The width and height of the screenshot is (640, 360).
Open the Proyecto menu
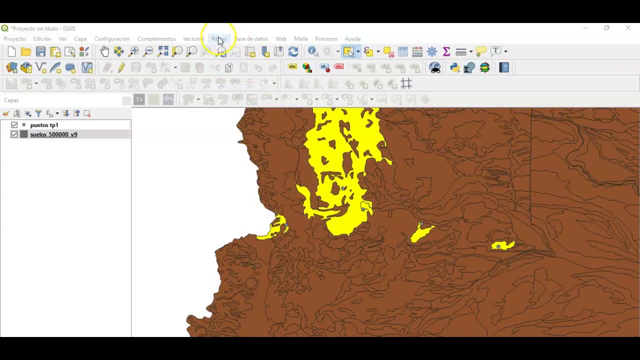(14, 39)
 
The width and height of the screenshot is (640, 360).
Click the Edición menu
(42, 39)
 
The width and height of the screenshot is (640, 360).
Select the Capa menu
(80, 39)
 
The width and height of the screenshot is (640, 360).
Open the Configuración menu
(112, 39)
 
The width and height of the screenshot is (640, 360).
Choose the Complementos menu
(156, 39)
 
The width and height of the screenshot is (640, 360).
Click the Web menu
(281, 39)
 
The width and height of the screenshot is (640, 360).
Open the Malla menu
(301, 39)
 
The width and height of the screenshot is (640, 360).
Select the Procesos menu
(326, 39)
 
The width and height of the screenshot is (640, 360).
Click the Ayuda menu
(352, 39)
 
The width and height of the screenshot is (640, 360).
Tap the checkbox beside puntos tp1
(14, 125)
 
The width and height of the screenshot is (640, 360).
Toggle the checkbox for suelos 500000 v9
(14, 134)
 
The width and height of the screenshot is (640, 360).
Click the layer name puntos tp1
(44, 125)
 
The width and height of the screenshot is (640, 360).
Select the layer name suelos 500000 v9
(53, 134)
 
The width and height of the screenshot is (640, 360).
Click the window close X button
(628, 28)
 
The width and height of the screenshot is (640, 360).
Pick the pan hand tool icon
(104, 51)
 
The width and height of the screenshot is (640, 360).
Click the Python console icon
(454, 68)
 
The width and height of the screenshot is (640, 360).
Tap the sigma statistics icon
(446, 51)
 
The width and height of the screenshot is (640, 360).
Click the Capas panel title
(11, 100)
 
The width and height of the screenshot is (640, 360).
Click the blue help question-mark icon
(504, 67)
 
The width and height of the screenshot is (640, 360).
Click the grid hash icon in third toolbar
(406, 84)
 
